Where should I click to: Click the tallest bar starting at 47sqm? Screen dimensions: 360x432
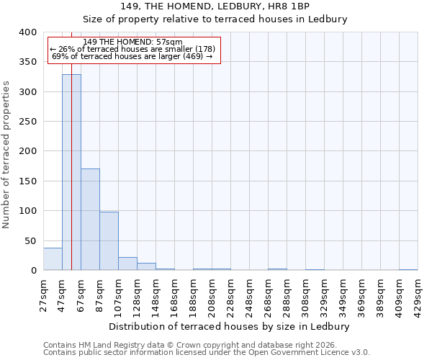(x=71, y=173)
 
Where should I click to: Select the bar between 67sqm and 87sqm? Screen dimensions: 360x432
(x=90, y=220)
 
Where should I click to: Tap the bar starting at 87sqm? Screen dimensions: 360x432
(x=109, y=241)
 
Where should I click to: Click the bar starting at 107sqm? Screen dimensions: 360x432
(x=127, y=264)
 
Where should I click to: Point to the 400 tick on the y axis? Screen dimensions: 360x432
(x=27, y=32)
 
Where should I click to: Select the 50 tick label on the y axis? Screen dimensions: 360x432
(x=30, y=240)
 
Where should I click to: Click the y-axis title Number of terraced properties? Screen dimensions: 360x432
(x=6, y=155)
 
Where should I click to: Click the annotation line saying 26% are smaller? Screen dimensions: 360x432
(x=132, y=49)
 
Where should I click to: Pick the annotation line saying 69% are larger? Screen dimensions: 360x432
(x=132, y=56)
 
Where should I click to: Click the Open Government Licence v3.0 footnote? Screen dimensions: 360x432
(x=207, y=353)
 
